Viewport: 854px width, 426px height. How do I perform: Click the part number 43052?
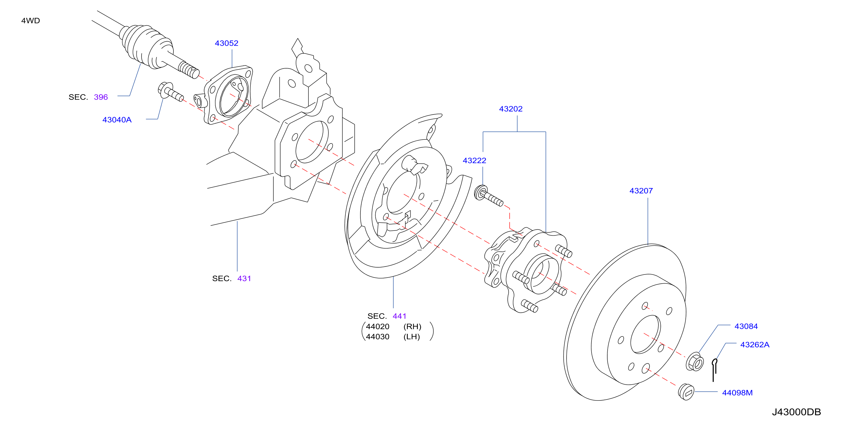pos(227,43)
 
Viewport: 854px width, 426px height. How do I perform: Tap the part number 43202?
pos(511,109)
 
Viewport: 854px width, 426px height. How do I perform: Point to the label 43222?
pos(474,160)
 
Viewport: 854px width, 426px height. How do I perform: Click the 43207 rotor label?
pos(641,191)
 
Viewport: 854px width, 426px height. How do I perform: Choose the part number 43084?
pos(746,326)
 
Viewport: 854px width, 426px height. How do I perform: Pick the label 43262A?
pos(755,344)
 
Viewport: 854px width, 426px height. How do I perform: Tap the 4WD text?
pos(30,21)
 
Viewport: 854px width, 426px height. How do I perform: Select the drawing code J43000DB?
pos(796,412)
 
